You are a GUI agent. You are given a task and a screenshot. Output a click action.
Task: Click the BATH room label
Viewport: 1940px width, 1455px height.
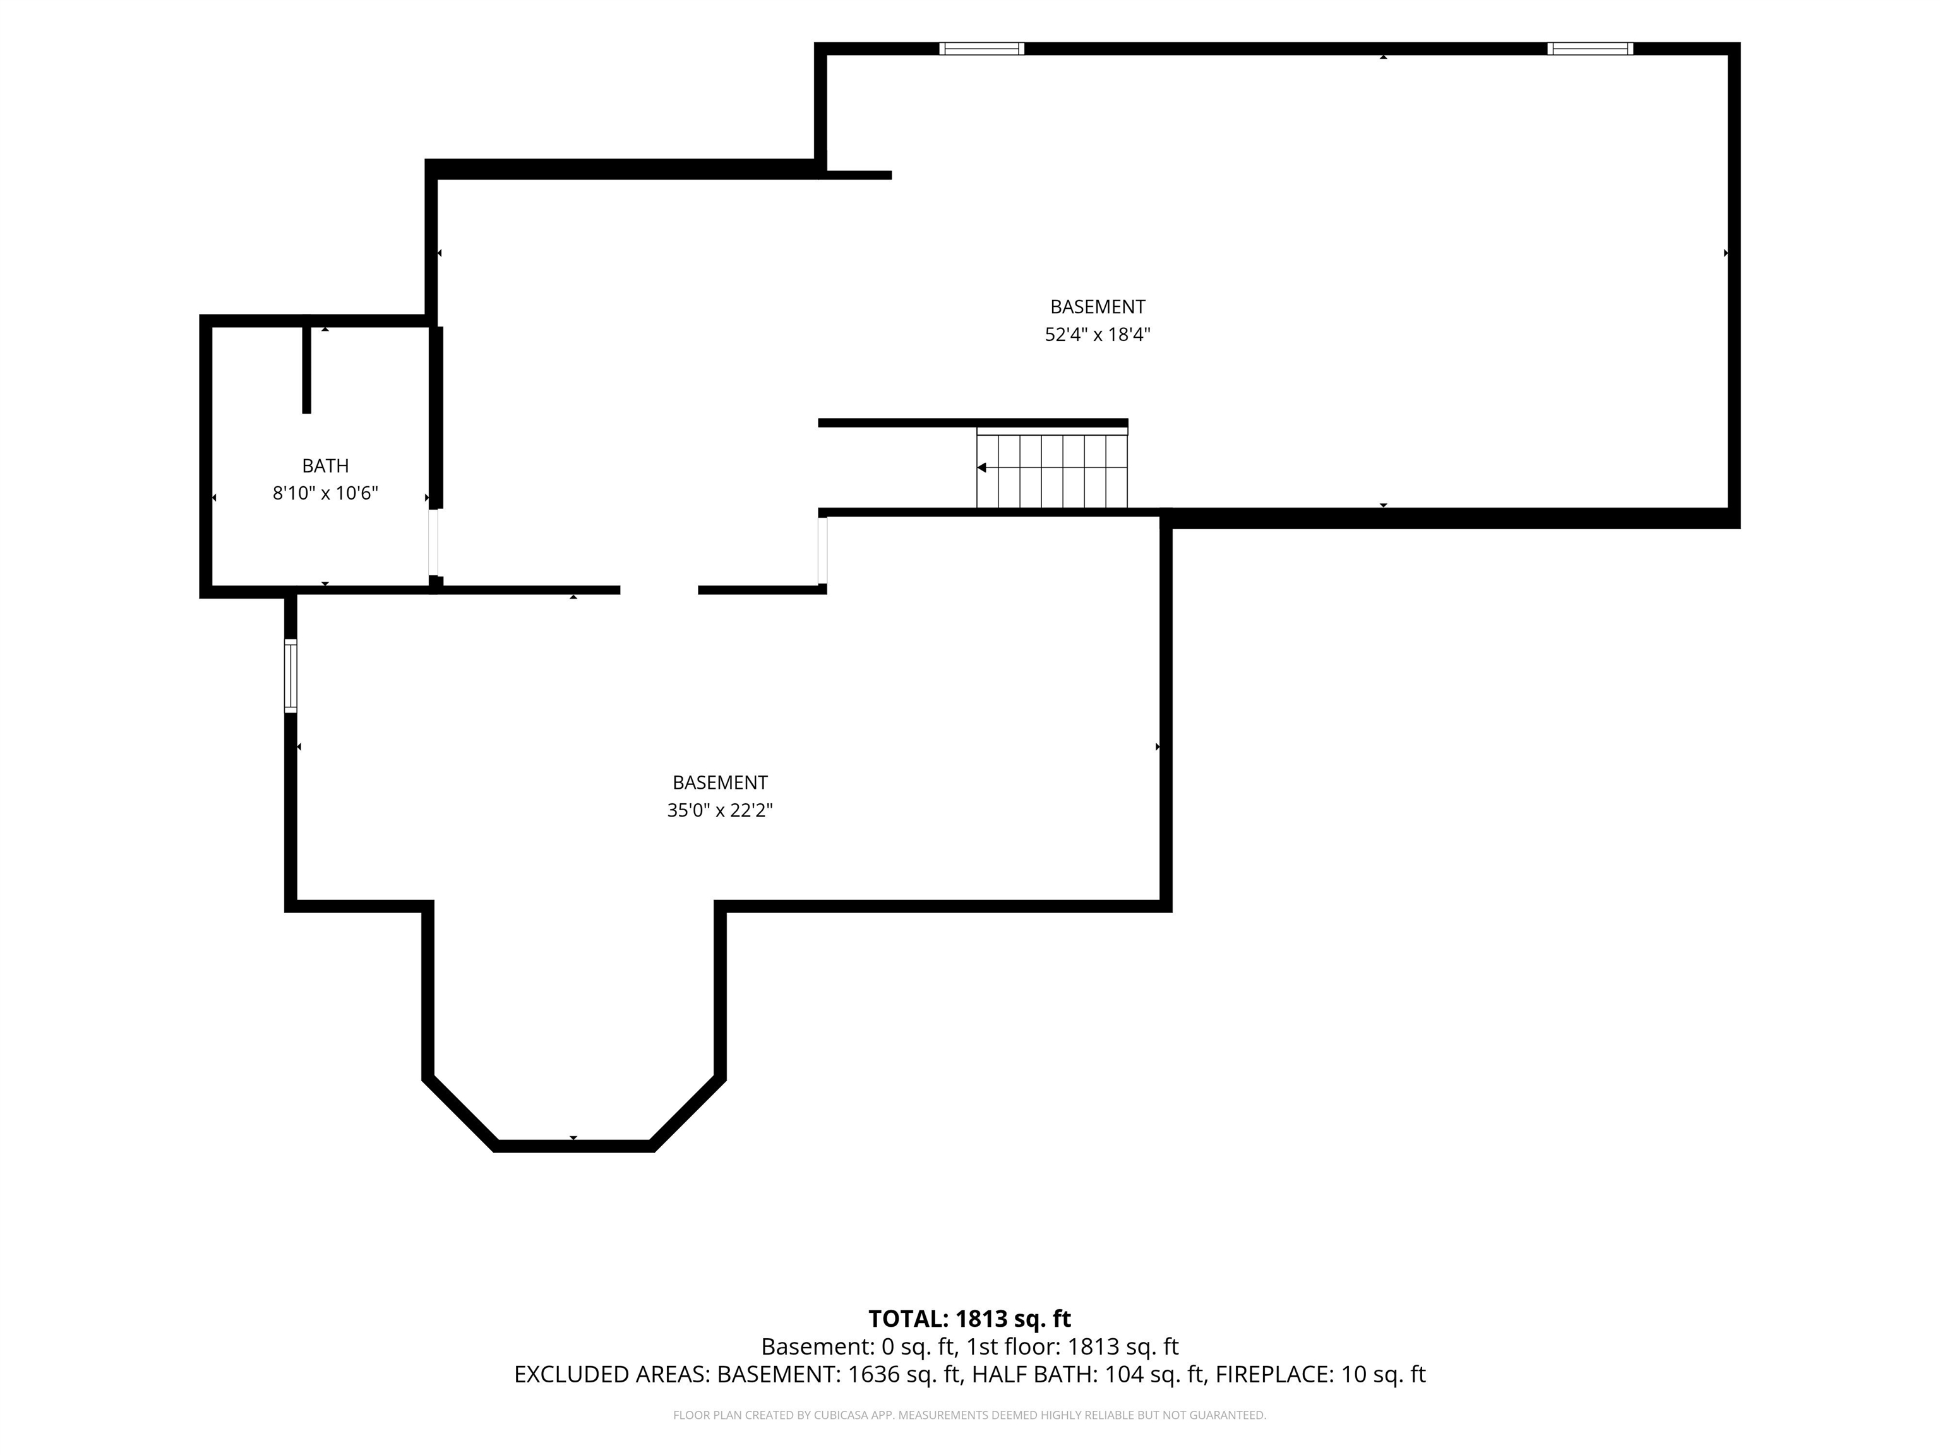(325, 465)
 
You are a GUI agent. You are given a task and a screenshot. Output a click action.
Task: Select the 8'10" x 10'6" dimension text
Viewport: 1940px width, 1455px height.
(325, 493)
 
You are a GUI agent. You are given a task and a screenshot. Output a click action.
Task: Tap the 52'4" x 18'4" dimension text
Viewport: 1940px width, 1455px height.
(1097, 334)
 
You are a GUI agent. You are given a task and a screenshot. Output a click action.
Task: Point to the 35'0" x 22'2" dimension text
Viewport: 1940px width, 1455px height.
(719, 810)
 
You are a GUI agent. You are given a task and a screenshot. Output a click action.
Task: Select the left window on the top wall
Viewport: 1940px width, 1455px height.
(981, 48)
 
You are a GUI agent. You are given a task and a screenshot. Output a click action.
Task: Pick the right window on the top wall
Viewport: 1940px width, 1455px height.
(1590, 48)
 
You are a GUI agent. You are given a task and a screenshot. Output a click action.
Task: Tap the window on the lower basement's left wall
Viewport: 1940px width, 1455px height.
(290, 675)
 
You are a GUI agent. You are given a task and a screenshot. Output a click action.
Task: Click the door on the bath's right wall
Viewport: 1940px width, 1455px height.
(433, 542)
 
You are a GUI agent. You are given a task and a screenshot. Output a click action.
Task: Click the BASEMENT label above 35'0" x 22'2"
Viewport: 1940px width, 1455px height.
(719, 782)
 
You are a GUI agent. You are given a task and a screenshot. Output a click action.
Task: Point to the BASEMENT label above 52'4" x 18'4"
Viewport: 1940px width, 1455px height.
(1097, 307)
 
